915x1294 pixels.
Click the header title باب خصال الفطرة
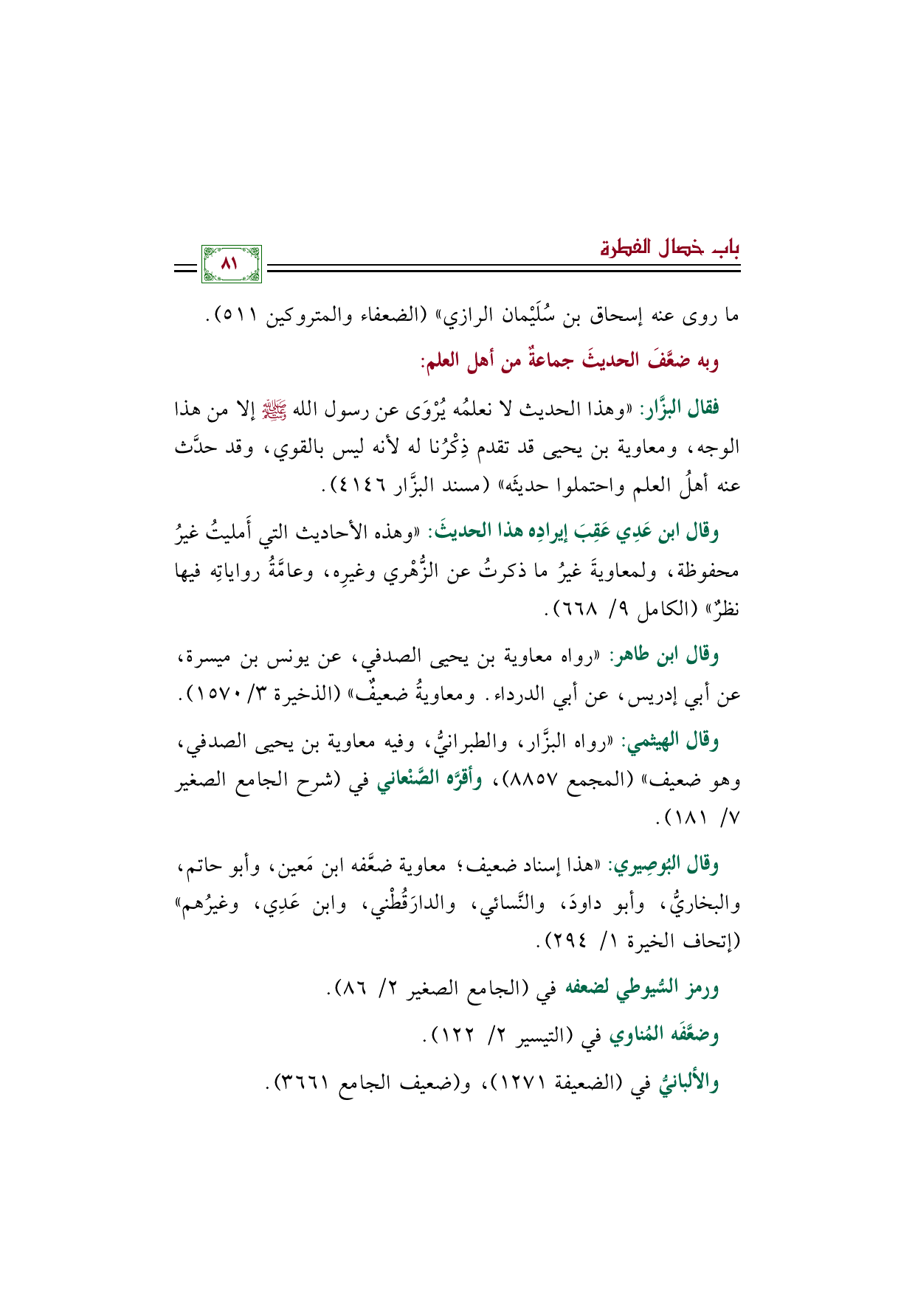pyautogui.click(x=669, y=248)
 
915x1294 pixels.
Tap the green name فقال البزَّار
pyautogui.click(x=680, y=407)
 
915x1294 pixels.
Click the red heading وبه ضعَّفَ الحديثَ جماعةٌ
pyautogui.click(x=570, y=361)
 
